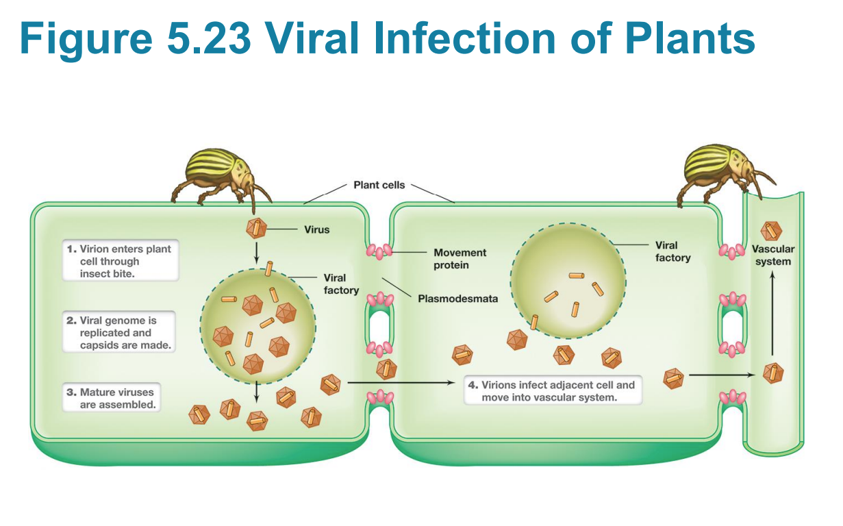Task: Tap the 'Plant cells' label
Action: pos(379,185)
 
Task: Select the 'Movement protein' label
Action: pos(460,259)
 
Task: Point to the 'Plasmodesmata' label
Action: pos(457,299)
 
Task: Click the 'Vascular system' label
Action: pos(773,255)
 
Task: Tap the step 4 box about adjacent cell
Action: pos(553,391)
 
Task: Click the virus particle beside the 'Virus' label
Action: pos(256,229)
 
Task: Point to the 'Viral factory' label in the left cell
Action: pos(340,284)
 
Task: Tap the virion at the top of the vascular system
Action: pos(771,231)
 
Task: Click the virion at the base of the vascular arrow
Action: pos(773,374)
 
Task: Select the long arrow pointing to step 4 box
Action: pos(401,383)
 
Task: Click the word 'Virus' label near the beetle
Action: pos(316,229)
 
